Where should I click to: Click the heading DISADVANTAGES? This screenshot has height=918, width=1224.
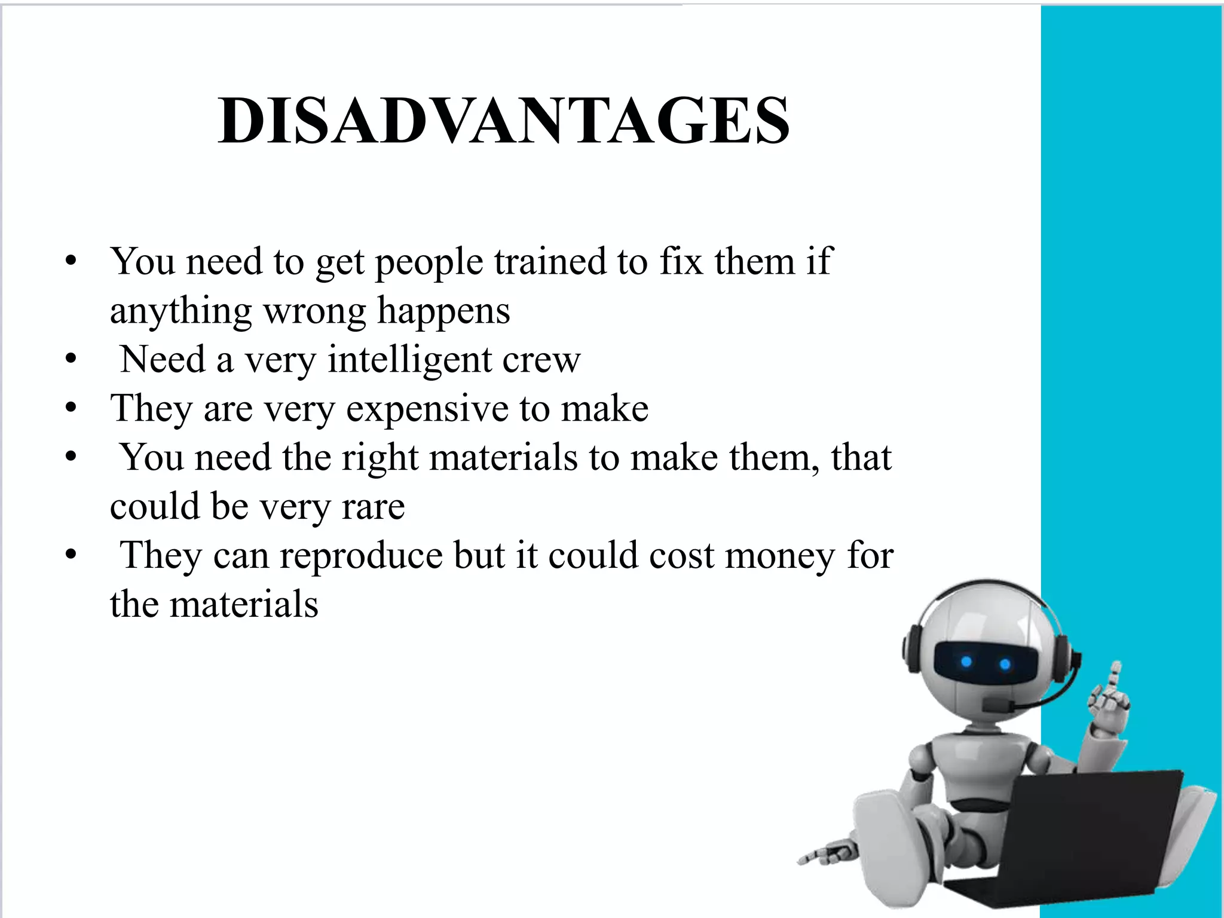504,121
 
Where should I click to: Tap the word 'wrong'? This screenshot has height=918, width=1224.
314,311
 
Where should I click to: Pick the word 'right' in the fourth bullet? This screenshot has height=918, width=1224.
380,458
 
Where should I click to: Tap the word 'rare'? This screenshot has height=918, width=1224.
373,507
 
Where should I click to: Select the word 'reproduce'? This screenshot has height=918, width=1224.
362,556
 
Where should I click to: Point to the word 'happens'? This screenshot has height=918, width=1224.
443,311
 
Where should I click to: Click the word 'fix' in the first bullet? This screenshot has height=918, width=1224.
681,261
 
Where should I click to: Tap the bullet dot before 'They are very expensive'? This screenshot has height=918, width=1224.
71,409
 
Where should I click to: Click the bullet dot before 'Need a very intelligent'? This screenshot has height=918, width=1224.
71,360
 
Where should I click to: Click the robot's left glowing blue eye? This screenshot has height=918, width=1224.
966,662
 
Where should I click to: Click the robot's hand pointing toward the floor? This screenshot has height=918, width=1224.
825,853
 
